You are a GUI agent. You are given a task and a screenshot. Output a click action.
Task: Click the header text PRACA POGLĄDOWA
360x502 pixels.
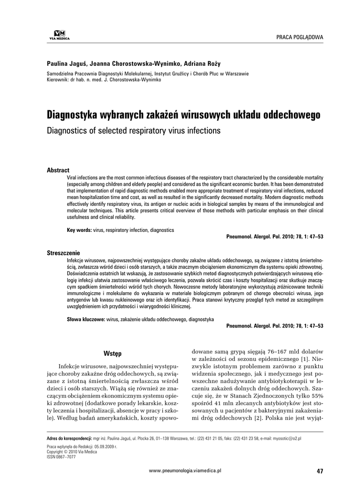click(x=300, y=37)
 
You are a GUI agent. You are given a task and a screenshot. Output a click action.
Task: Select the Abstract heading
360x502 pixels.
click(x=58, y=170)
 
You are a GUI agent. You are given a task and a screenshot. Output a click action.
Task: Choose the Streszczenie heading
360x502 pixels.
click(x=63, y=252)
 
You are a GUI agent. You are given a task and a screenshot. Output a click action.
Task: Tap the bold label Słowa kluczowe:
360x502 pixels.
click(x=86, y=319)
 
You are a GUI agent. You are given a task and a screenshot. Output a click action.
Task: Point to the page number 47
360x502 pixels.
click(x=320, y=471)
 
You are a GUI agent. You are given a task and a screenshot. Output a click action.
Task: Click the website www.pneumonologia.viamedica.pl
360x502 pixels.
click(x=185, y=470)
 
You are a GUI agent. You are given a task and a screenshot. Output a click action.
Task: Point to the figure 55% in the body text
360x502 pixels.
click(x=317, y=395)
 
